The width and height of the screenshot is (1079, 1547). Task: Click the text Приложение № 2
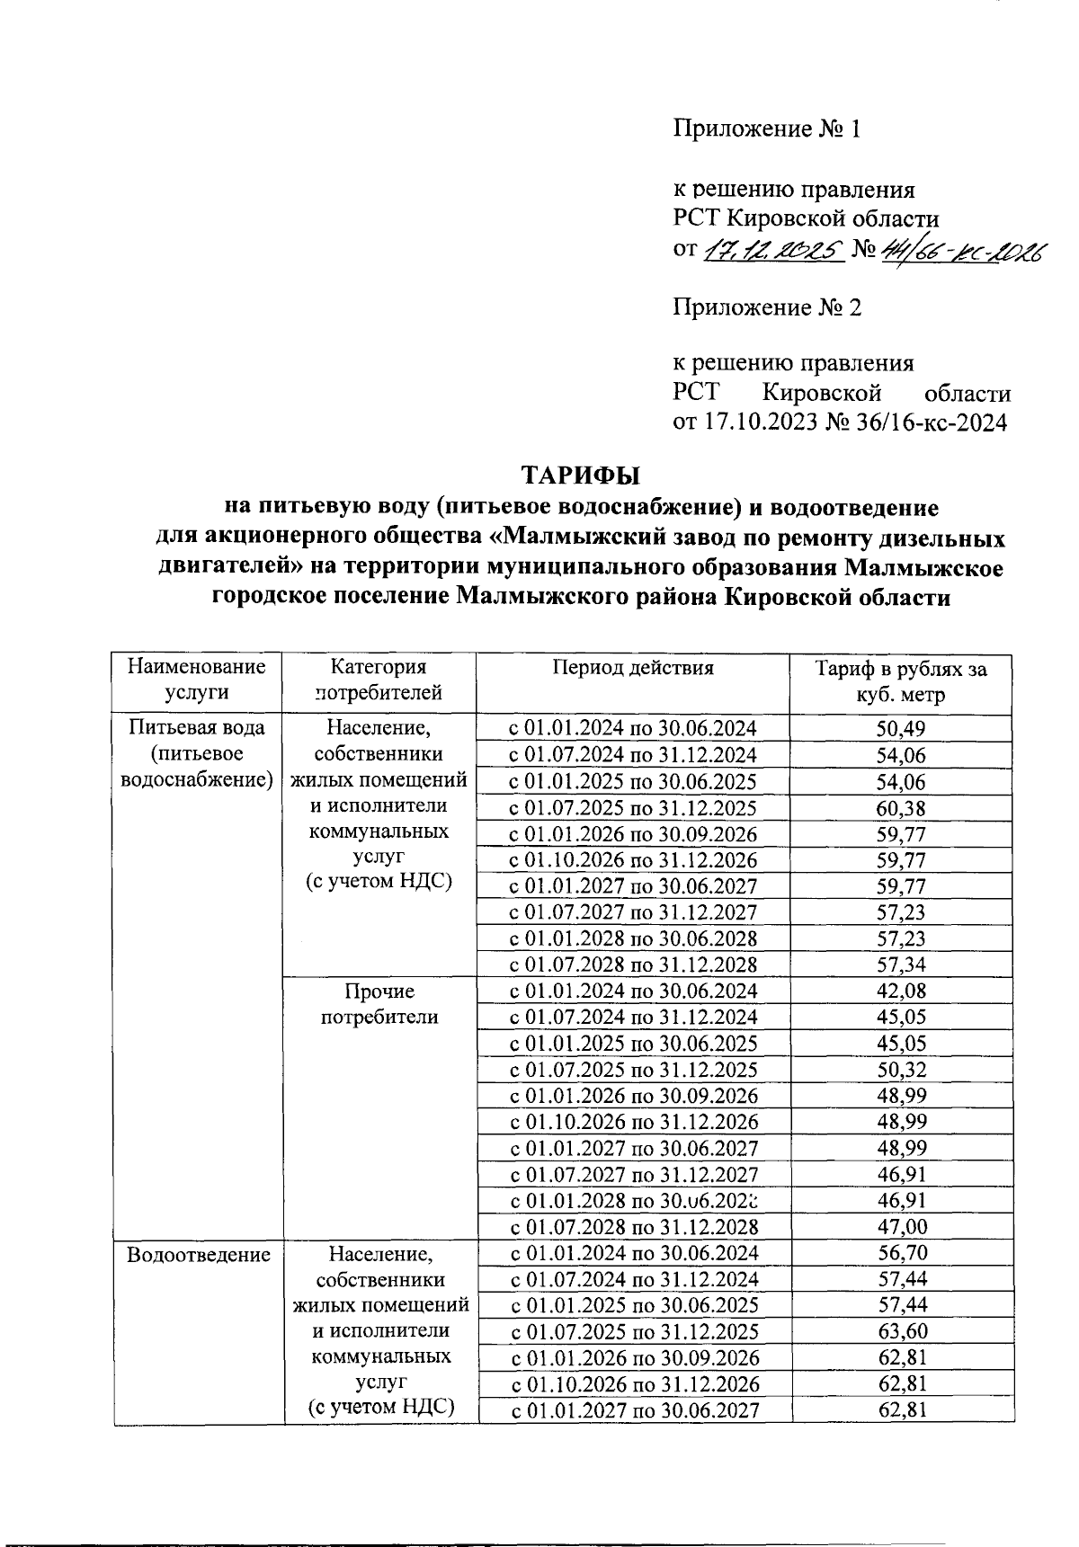point(768,308)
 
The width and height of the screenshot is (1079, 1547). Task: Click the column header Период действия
point(633,667)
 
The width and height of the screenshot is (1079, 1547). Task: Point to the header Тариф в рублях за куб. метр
point(901,681)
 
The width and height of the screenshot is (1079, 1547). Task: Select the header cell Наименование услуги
point(196,680)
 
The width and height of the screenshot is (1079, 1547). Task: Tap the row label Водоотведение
point(199,1254)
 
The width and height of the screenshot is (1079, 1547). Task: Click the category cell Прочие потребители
point(379,1004)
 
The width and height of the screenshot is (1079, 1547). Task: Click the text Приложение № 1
point(768,129)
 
